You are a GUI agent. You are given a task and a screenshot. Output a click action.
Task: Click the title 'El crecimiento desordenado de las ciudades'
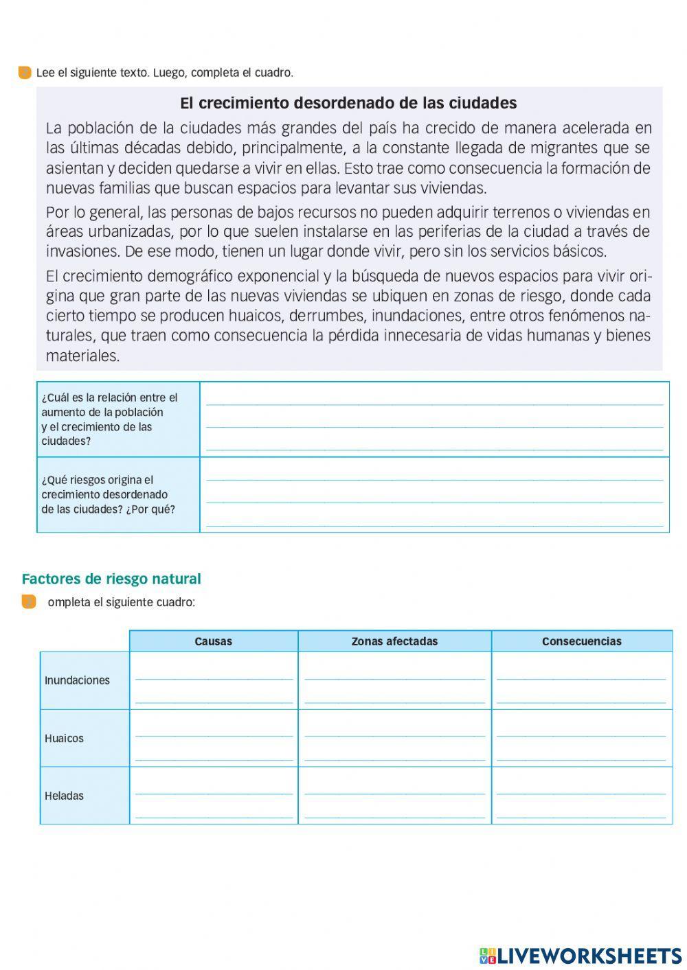[x=348, y=103]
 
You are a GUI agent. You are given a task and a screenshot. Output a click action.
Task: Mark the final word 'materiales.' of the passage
[x=82, y=356]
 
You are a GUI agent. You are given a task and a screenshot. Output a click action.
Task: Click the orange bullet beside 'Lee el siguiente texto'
[x=25, y=73]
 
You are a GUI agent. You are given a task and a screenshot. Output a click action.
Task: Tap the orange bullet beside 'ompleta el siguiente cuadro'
[x=29, y=602]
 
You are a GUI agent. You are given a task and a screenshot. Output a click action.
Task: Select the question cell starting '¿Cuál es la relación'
[x=117, y=419]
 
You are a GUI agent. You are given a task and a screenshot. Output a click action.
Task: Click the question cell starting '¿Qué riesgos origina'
[x=117, y=495]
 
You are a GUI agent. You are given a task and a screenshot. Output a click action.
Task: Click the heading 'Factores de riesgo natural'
[x=111, y=579]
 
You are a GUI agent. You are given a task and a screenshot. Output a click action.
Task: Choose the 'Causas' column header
[x=214, y=641]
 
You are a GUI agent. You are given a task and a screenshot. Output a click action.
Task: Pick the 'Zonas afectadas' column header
[x=394, y=641]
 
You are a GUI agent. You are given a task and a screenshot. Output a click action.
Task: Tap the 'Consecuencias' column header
[x=581, y=641]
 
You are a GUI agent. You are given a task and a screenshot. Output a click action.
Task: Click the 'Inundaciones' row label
[x=77, y=680]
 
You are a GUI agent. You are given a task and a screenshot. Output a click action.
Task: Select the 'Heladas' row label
[x=64, y=796]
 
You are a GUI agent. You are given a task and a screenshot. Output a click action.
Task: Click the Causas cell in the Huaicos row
[x=214, y=739]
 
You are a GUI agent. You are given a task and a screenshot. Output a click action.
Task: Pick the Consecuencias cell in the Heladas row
[x=581, y=796]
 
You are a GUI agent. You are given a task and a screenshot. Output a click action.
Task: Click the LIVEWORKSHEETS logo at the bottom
[x=581, y=956]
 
